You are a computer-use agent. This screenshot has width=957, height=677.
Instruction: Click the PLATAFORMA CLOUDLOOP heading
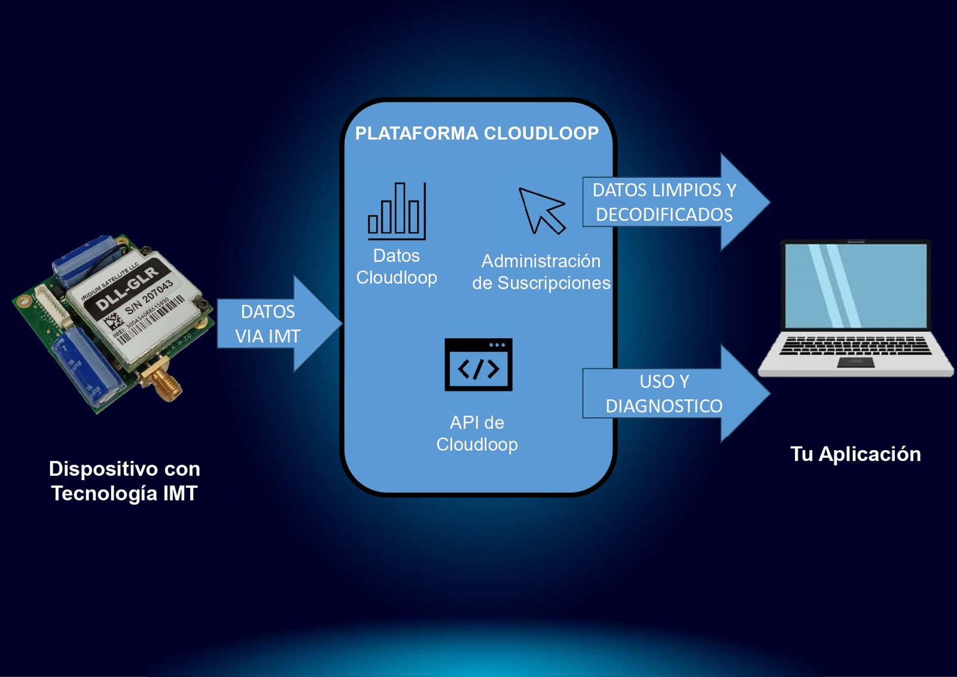(477, 133)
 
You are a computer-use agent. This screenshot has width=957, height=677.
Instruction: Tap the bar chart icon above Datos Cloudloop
(397, 210)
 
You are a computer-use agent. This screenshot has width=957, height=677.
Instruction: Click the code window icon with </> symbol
(478, 365)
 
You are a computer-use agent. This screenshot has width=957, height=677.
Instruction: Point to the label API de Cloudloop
(477, 433)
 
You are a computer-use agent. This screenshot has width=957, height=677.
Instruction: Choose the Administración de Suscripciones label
(541, 272)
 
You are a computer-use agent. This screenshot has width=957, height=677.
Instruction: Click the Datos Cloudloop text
(397, 266)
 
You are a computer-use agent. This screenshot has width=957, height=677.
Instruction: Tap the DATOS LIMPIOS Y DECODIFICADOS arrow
(670, 202)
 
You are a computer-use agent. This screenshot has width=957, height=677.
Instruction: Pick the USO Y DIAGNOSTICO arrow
(670, 393)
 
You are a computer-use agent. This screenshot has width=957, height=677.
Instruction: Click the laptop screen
(855, 286)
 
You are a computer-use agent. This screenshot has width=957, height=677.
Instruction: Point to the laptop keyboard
(855, 345)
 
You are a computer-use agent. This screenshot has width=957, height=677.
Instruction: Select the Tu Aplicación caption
(855, 454)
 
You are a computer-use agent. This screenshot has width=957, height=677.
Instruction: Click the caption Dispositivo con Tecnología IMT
(124, 481)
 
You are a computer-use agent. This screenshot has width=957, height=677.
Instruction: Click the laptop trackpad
(855, 362)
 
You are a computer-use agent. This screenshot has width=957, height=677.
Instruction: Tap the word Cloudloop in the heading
(541, 133)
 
